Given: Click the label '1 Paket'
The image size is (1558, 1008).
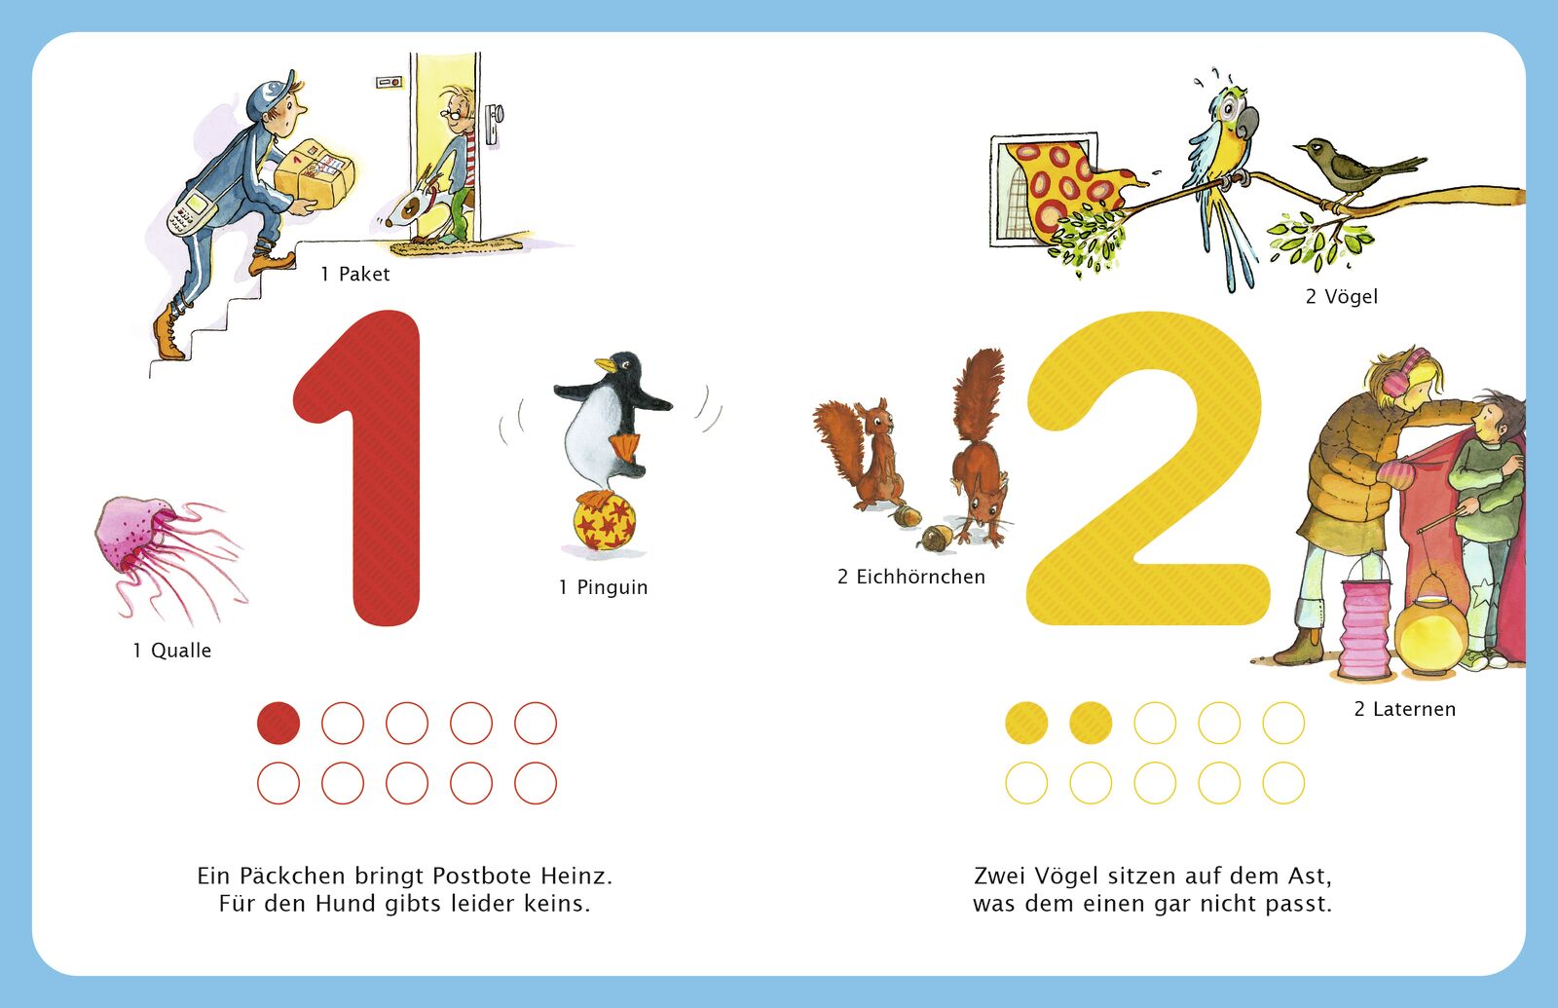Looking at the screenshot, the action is [354, 274].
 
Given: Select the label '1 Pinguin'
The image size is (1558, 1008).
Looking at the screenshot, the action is [603, 587].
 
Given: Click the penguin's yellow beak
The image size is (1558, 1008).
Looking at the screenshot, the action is [604, 364].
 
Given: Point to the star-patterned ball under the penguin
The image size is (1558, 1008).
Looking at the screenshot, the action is [605, 521].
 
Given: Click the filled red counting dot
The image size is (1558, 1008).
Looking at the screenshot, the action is [278, 723].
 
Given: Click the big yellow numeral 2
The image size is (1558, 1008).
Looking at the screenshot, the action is [1148, 467].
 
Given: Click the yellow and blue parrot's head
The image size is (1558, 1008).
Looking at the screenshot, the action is [1233, 111].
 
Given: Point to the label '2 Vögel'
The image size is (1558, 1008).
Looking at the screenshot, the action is [1341, 296].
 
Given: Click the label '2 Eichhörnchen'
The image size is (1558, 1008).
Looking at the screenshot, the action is [911, 577].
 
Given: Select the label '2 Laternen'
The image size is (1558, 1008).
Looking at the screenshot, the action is [1405, 709].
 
